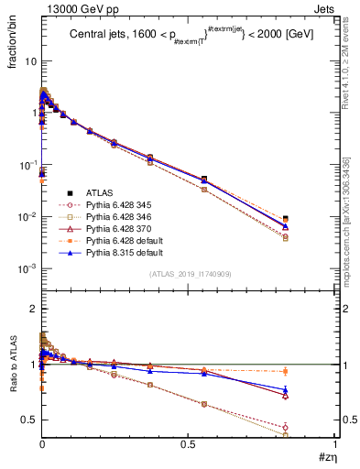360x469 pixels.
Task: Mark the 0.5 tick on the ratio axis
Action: click(28, 420)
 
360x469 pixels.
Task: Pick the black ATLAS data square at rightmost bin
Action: click(287, 219)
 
